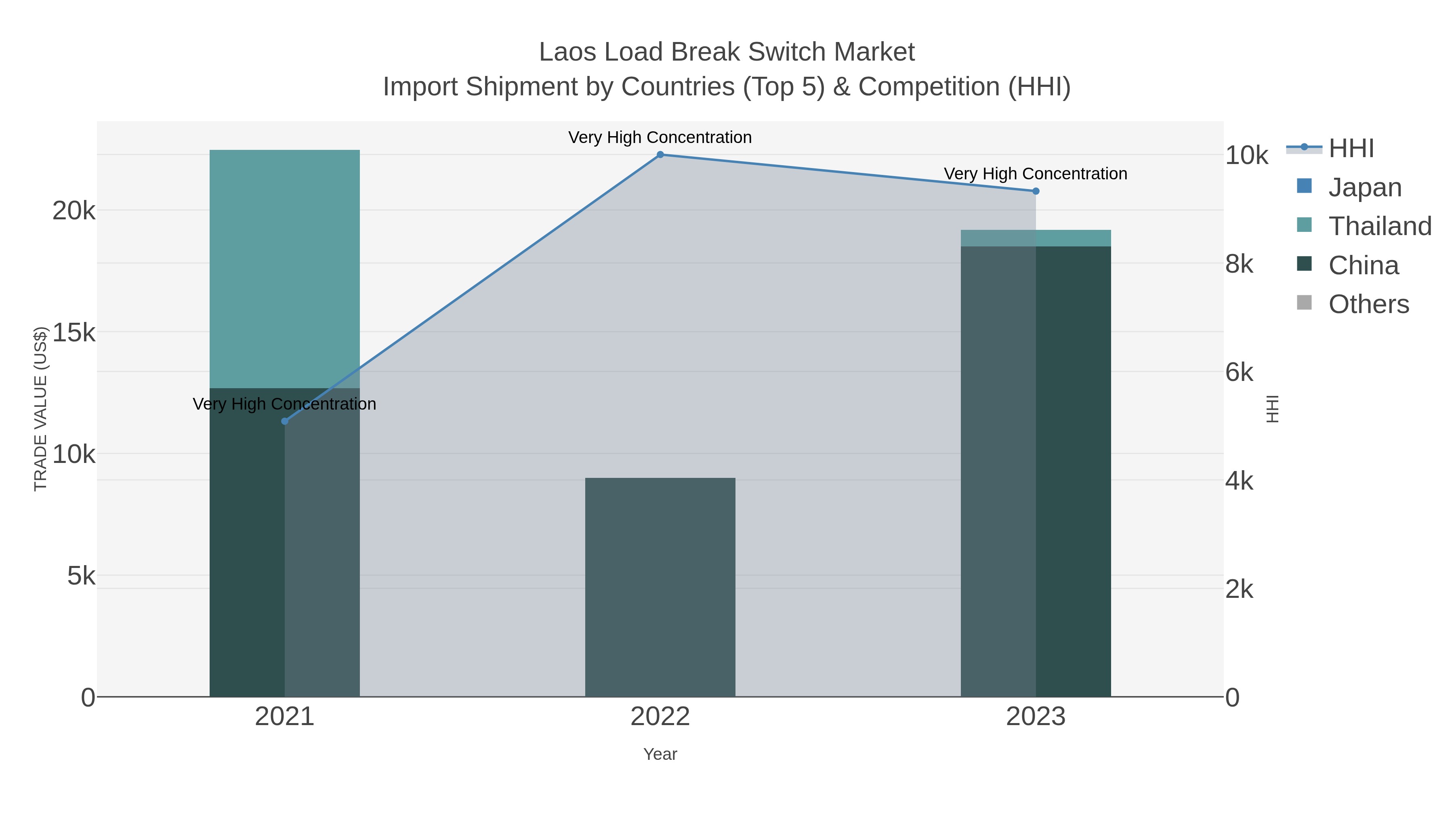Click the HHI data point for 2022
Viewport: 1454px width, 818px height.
(660, 155)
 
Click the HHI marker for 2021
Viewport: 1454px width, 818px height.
(284, 421)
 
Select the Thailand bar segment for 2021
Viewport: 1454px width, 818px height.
(284, 269)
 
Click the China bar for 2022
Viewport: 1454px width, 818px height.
(660, 587)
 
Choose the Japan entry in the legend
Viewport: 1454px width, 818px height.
(1364, 187)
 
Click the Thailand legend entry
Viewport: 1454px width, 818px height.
(1380, 226)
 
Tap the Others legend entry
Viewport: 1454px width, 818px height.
(1368, 304)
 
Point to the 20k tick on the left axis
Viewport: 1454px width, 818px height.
(74, 211)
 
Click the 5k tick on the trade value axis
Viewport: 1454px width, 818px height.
(81, 576)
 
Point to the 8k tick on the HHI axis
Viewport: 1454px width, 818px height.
(1239, 264)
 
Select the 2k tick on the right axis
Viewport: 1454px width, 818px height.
(1239, 589)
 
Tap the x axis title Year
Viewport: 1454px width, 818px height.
(660, 754)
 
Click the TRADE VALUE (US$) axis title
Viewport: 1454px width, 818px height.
(41, 409)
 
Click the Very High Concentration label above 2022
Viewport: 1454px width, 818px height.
(660, 138)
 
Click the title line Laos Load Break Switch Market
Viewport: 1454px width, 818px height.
(727, 52)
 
